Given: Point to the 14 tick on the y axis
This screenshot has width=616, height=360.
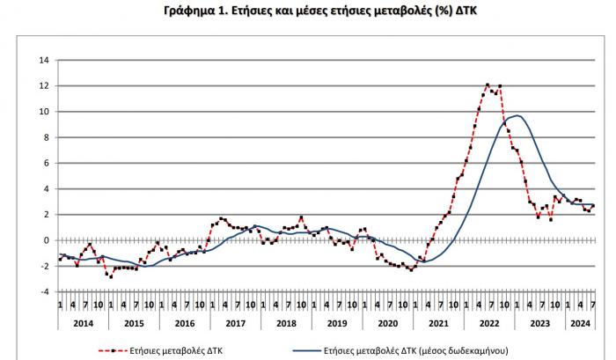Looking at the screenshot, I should tap(44, 60).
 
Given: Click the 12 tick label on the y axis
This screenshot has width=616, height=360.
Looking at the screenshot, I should tap(44, 85).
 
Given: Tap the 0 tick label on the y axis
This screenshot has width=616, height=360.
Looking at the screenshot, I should tap(47, 239).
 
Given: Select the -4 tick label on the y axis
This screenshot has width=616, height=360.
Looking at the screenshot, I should tap(44, 291).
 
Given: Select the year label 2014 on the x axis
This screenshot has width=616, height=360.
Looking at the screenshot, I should tap(84, 323).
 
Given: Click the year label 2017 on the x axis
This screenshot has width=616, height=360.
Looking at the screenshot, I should tap(236, 323).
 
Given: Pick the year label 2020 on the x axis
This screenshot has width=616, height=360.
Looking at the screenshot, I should tap(388, 323).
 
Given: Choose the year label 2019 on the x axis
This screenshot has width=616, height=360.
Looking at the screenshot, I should tap(338, 323).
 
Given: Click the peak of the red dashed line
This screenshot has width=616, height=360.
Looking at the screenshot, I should tap(488, 84).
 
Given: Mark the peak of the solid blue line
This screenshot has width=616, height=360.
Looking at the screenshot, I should tap(519, 116).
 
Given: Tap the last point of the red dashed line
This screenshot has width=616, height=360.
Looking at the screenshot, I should tap(593, 206).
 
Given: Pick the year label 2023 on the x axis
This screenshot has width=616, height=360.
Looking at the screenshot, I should tap(541, 323).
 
